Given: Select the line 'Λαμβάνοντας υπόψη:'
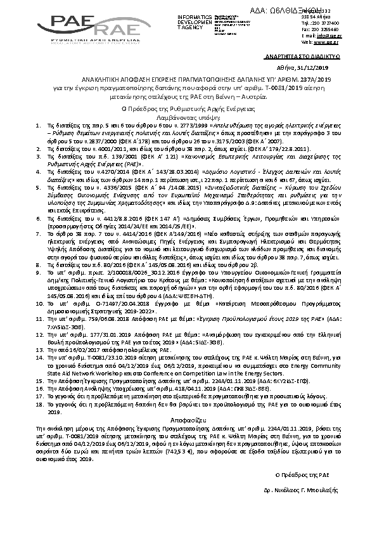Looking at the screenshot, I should click(x=188, y=117).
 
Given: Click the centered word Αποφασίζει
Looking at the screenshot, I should click(x=188, y=420).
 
